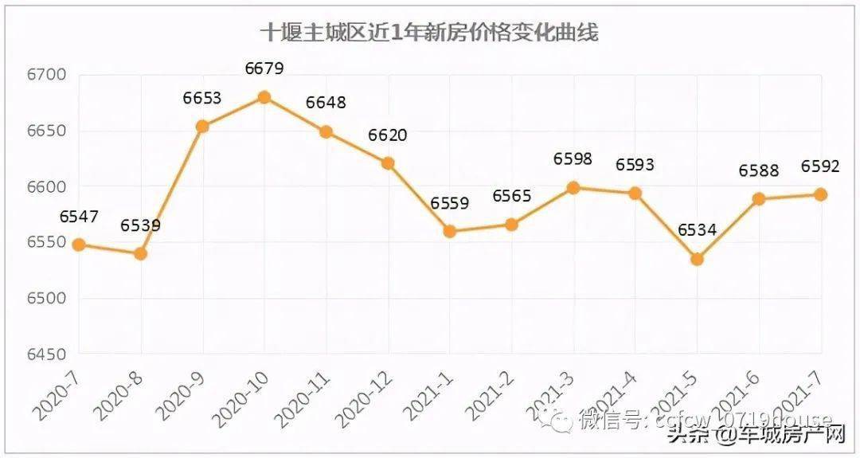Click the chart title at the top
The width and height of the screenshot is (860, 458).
[430, 33]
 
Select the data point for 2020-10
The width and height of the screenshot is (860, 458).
[264, 97]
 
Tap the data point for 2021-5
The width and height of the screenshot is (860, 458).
[697, 259]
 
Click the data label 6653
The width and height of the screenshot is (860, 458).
[201, 99]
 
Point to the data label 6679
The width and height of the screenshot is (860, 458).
[264, 69]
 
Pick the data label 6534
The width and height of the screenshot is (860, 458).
[697, 231]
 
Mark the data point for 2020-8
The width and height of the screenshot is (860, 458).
[140, 254]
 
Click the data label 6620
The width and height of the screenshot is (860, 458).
[387, 135]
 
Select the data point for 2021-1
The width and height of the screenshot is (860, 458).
[449, 231]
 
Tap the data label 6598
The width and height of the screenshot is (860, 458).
[573, 159]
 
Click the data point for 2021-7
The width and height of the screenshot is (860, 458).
[820, 194]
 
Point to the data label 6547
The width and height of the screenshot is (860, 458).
[78, 217]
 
